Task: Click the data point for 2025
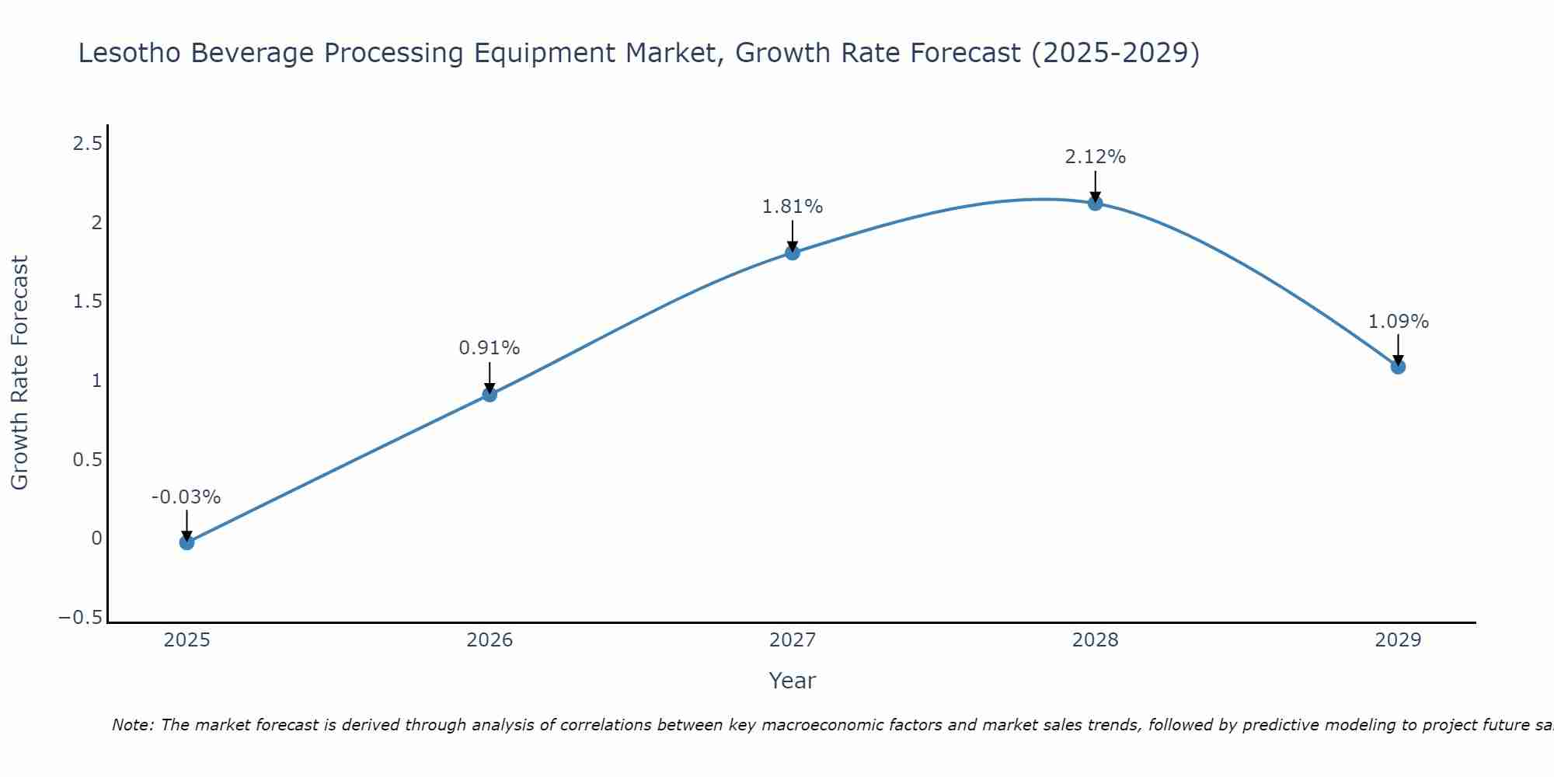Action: [186, 542]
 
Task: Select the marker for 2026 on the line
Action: [490, 395]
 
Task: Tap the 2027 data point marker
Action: [793, 253]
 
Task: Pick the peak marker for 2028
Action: [1096, 204]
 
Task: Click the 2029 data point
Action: [1398, 367]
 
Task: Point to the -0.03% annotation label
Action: [186, 497]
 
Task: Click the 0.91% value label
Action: [489, 348]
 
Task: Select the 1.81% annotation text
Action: [792, 207]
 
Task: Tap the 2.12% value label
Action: [1095, 157]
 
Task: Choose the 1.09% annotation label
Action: [1398, 322]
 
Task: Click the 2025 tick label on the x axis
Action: [186, 640]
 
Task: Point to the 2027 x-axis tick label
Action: [793, 640]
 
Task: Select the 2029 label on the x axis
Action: [1398, 640]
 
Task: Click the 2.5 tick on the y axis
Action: [87, 144]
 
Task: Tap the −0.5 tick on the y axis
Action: [80, 618]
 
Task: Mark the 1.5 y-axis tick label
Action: [87, 301]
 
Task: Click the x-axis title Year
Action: [792, 681]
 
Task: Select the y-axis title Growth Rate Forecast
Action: [19, 373]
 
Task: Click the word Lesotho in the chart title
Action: [130, 54]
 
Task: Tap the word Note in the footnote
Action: [132, 726]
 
